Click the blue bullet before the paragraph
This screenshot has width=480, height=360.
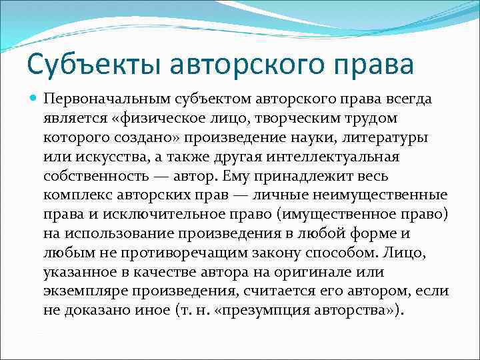33,99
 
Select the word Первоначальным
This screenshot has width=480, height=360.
106,99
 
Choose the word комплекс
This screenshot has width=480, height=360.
73,196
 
